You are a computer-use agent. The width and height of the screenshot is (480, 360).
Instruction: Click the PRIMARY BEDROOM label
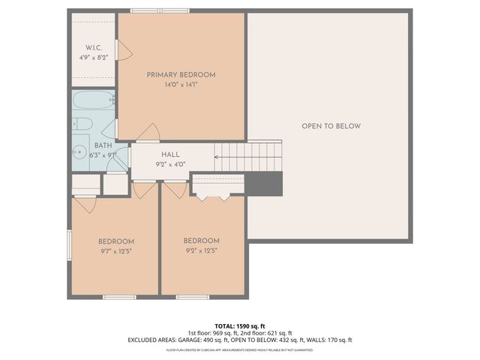pyautogui.click(x=181, y=74)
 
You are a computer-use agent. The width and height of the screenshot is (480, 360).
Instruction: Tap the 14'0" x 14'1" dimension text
pyautogui.click(x=181, y=85)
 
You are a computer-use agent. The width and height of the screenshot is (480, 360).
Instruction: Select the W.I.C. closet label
pyautogui.click(x=93, y=46)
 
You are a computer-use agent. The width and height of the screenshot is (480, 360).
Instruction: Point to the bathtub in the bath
pyautogui.click(x=93, y=100)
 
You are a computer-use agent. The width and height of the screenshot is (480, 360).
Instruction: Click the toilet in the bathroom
pyautogui.click(x=82, y=123)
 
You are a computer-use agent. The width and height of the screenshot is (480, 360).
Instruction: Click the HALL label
pyautogui.click(x=170, y=154)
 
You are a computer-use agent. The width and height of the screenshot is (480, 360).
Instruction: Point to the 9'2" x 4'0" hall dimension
pyautogui.click(x=170, y=164)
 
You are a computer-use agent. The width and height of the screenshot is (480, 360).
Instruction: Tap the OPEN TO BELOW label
pyautogui.click(x=331, y=126)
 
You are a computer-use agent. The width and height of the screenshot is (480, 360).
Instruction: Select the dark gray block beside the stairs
pyautogui.click(x=265, y=183)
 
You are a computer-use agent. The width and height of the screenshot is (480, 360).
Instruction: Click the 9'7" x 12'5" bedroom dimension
pyautogui.click(x=116, y=251)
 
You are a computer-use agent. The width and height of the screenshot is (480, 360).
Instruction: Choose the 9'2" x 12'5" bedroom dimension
pyautogui.click(x=202, y=251)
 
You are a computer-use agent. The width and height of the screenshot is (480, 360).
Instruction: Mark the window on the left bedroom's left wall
pyautogui.click(x=69, y=244)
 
